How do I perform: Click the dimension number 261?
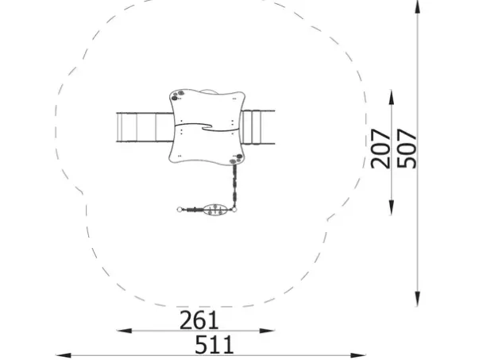(x=199, y=320)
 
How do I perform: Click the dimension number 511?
(x=214, y=345)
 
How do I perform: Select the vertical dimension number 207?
(x=380, y=149)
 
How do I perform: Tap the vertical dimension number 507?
(x=407, y=149)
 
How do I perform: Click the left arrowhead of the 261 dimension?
(x=125, y=331)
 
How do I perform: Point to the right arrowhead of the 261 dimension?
(x=267, y=331)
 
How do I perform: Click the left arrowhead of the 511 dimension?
(x=64, y=355)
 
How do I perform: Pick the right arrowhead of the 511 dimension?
(x=358, y=355)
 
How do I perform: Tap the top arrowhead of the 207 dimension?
(x=392, y=97)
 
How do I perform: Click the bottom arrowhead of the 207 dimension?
(x=392, y=207)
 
